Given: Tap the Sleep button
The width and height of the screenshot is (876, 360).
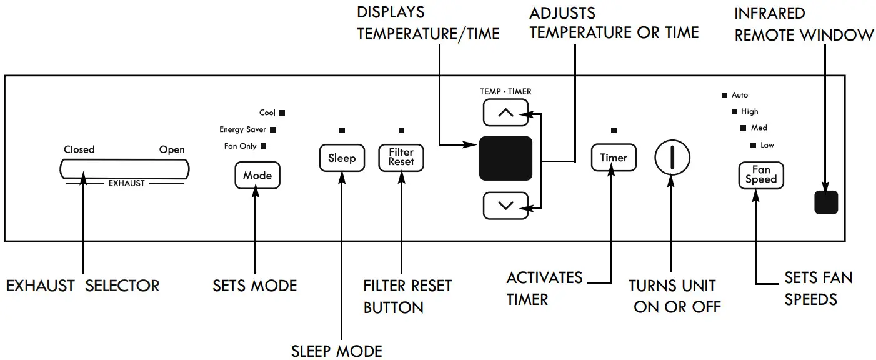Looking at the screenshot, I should click(x=342, y=158).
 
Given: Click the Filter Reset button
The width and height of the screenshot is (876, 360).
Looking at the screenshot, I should click(x=401, y=157).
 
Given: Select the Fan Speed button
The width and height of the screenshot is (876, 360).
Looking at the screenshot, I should click(x=760, y=174).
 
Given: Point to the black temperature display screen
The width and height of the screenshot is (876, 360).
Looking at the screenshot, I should click(x=505, y=159).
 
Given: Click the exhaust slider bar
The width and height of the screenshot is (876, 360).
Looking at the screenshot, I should click(x=124, y=169).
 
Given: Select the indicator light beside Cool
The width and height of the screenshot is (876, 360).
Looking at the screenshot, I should click(x=282, y=113).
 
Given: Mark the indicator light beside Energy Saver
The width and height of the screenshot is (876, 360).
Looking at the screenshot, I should click(x=272, y=130).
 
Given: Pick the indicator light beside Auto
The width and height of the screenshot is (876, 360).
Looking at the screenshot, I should click(x=725, y=96).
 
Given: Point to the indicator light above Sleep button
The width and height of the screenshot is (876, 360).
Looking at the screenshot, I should click(x=342, y=131).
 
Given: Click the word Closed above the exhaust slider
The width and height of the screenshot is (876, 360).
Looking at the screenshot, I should click(x=79, y=149).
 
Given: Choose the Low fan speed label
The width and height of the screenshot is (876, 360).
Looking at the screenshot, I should click(x=767, y=145).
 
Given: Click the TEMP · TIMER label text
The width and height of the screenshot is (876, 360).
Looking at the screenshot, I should click(x=505, y=91).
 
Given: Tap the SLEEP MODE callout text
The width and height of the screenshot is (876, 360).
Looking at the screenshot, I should click(x=337, y=351).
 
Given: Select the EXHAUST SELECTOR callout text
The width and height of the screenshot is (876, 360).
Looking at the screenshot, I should click(x=83, y=286).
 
